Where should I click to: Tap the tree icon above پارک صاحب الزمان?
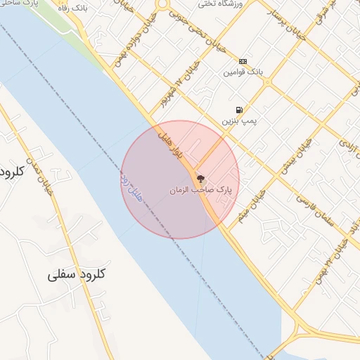tap(200, 179)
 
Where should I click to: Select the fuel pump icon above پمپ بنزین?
tap(240, 110)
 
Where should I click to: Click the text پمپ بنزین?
tap(236, 121)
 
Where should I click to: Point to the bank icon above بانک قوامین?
tap(243, 61)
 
